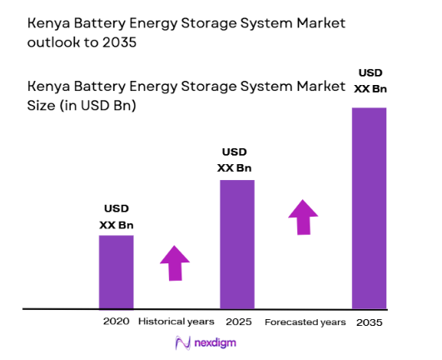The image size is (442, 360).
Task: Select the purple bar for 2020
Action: [116, 272]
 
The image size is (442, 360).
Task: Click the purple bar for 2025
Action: [236, 244]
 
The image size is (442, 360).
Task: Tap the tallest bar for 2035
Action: [369, 208]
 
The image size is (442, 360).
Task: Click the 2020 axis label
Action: [117, 322]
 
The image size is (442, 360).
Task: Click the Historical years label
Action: [176, 322]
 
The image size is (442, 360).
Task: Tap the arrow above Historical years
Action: [175, 262]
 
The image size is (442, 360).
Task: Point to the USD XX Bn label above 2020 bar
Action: [117, 217]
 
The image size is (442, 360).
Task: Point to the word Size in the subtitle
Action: [43, 107]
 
